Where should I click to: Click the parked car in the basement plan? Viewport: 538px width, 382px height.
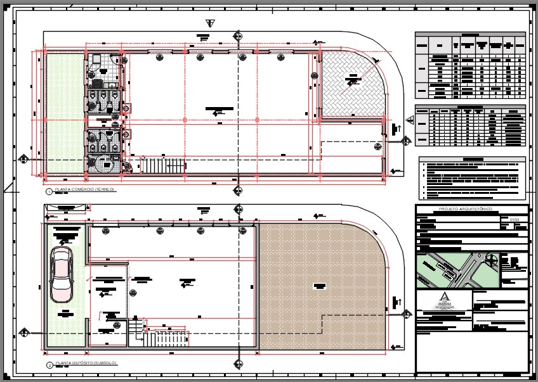pos(62,274)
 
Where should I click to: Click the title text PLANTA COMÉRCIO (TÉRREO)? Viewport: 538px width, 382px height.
pos(84,190)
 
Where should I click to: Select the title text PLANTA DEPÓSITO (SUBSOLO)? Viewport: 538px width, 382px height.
pos(86,364)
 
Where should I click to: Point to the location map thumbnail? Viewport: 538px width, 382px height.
pos(457,270)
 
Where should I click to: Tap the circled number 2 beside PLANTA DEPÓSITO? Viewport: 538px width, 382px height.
pos(49,365)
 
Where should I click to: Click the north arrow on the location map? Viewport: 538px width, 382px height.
pos(492,258)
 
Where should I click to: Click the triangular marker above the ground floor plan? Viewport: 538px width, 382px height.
pos(211,23)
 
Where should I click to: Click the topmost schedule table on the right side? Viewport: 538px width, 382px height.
pos(471,66)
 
